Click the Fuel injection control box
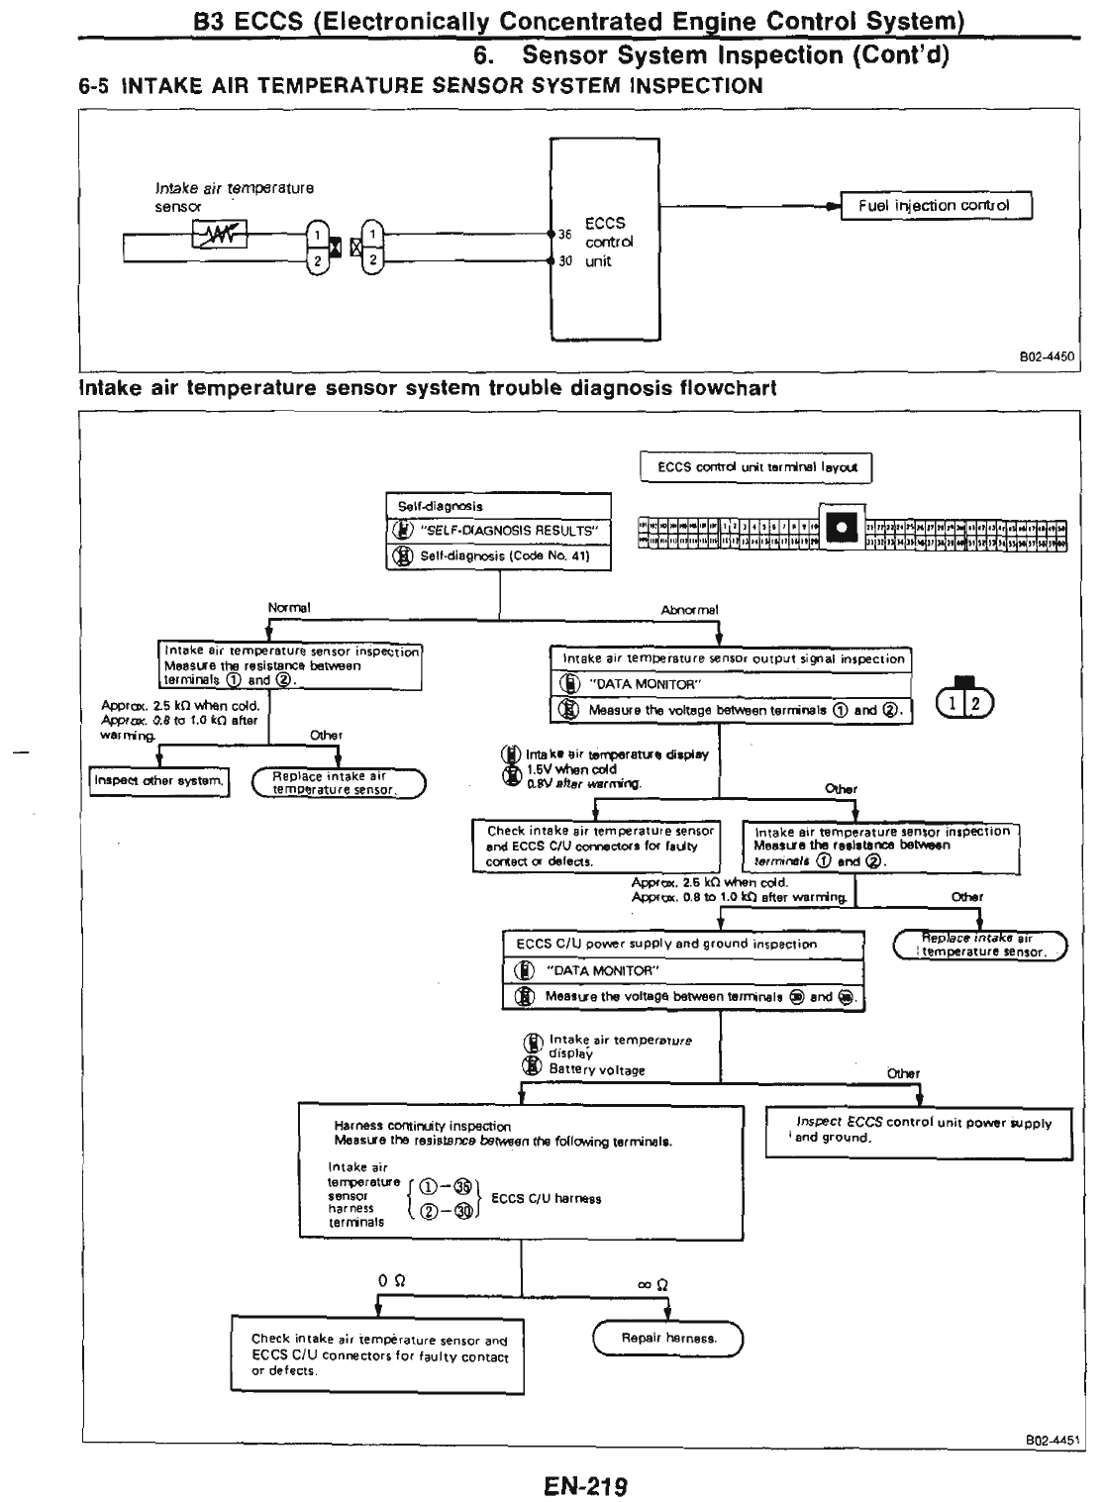pyautogui.click(x=935, y=206)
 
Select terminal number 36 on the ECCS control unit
pyautogui.click(x=564, y=235)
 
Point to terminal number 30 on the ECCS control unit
pyautogui.click(x=564, y=261)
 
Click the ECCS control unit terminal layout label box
pyautogui.click(x=757, y=467)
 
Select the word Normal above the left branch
pyautogui.click(x=289, y=608)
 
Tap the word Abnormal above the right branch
pyautogui.click(x=689, y=610)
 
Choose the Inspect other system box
pyautogui.click(x=158, y=781)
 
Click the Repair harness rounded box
pyautogui.click(x=667, y=1339)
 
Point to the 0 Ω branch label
pyautogui.click(x=390, y=1280)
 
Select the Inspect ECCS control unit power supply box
pyautogui.click(x=922, y=1130)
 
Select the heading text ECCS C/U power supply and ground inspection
pyautogui.click(x=666, y=945)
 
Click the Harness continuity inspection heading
pyautogui.click(x=423, y=1126)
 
